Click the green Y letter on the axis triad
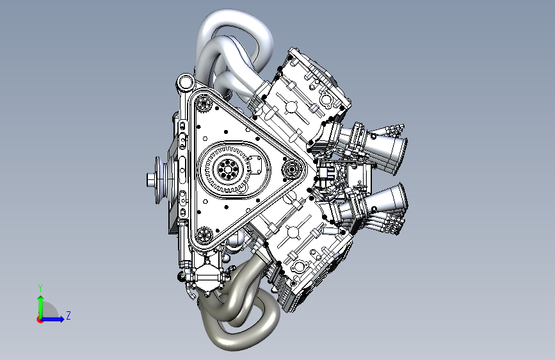pyautogui.click(x=40, y=288)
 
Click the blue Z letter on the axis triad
pyautogui.click(x=68, y=315)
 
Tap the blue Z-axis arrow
pyautogui.click(x=52, y=319)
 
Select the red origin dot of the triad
pyautogui.click(x=40, y=320)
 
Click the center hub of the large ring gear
pyautogui.click(x=227, y=168)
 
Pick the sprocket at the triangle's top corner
pyautogui.click(x=204, y=103)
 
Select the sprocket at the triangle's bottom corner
pyautogui.click(x=204, y=235)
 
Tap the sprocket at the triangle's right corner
pyautogui.click(x=291, y=169)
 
